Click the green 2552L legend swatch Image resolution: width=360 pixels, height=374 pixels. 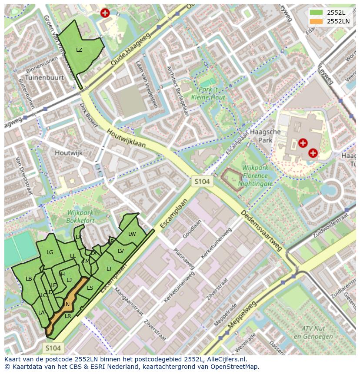tap(316, 13)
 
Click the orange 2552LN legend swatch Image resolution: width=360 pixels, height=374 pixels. tap(316, 21)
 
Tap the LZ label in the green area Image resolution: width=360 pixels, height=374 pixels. tap(79, 50)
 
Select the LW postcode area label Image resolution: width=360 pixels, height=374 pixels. tap(132, 234)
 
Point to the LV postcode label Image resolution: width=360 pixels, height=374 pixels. tap(121, 251)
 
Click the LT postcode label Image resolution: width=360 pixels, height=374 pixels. tap(109, 269)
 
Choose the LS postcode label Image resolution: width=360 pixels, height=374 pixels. tap(90, 288)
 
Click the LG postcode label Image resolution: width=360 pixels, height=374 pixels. tap(50, 252)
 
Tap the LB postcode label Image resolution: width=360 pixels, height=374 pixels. tap(29, 278)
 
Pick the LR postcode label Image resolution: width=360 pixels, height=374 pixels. tap(68, 316)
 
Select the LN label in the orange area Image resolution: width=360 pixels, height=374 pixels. tap(67, 304)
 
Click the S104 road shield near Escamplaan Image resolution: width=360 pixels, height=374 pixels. tap(202, 181)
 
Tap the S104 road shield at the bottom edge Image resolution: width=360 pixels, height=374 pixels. tap(53, 348)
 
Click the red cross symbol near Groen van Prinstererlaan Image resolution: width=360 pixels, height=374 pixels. tap(105, 13)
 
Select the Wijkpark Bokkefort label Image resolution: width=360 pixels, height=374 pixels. tap(81, 216)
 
